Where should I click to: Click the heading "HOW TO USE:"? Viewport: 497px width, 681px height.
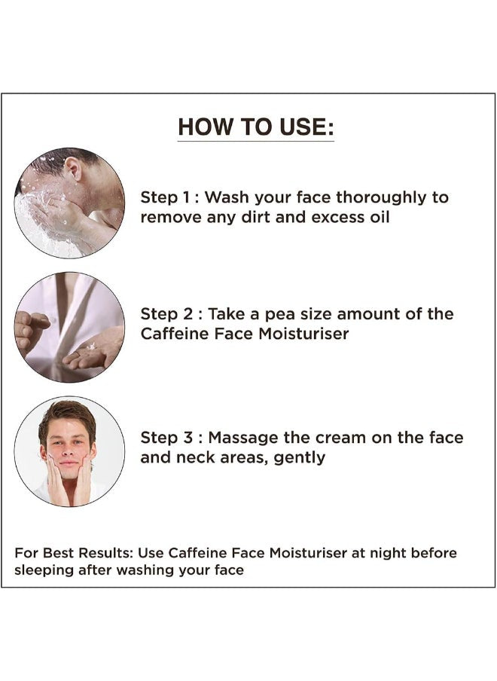click(x=256, y=127)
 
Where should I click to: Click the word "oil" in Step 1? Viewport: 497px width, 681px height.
click(x=380, y=217)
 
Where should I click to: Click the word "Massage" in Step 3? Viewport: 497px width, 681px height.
click(x=243, y=438)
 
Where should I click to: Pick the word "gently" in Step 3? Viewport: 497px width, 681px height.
click(x=300, y=458)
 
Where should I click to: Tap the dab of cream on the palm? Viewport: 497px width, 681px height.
click(x=91, y=346)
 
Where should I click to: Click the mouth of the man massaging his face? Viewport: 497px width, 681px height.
click(x=68, y=463)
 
